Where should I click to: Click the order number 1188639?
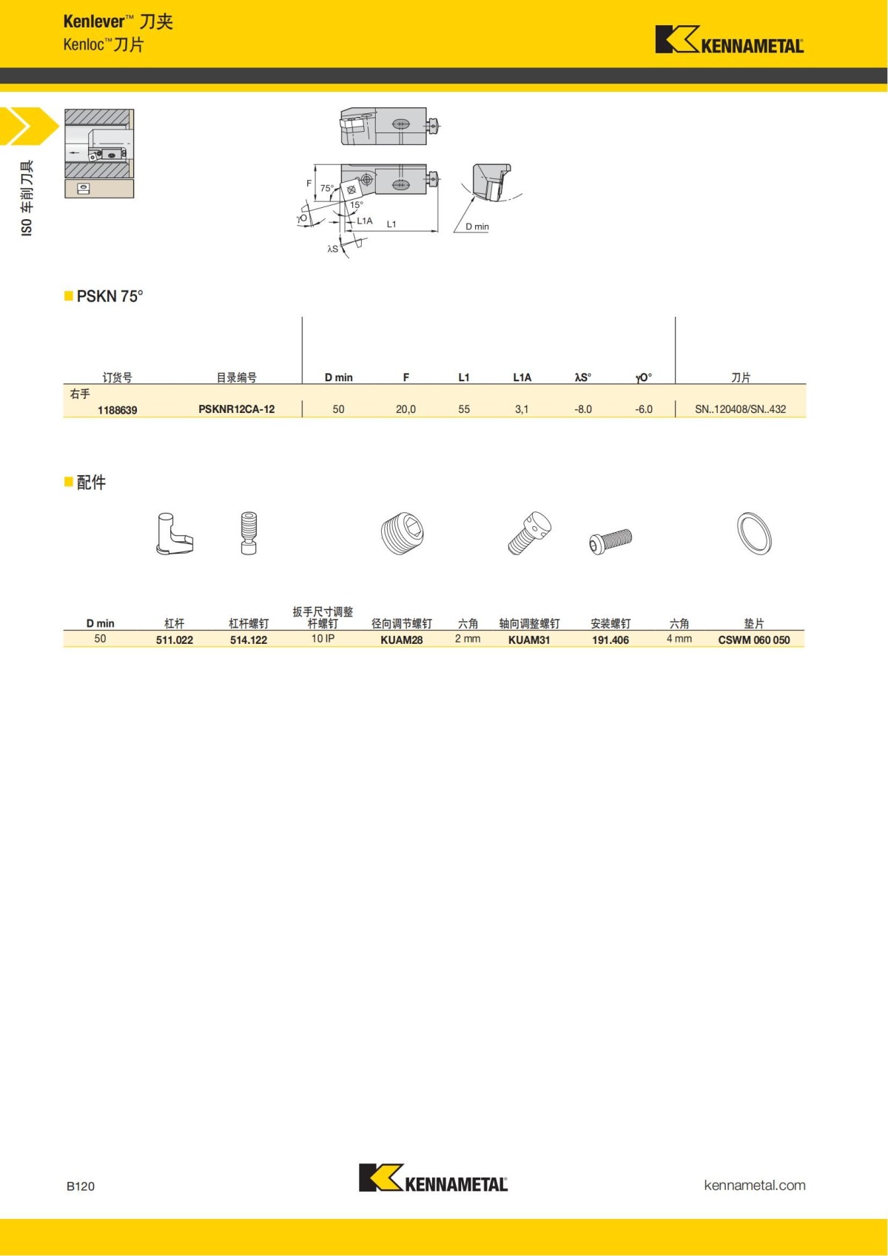117,410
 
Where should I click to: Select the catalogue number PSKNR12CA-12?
236,409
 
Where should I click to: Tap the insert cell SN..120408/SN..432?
740,409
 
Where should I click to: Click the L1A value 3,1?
522,409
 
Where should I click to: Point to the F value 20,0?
406,409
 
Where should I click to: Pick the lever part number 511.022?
174,640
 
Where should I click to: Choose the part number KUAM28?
401,640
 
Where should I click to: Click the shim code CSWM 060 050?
753,640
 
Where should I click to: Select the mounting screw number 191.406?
610,640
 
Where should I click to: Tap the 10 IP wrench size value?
323,639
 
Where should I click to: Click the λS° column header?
583,377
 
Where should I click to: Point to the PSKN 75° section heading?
110,296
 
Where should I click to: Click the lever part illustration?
175,534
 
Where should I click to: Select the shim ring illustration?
754,533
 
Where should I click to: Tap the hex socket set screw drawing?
404,533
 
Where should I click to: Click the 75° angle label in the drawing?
326,189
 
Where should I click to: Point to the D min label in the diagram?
477,226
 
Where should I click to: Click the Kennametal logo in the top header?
729,41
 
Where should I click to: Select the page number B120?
81,1186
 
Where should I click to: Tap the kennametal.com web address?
754,1185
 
